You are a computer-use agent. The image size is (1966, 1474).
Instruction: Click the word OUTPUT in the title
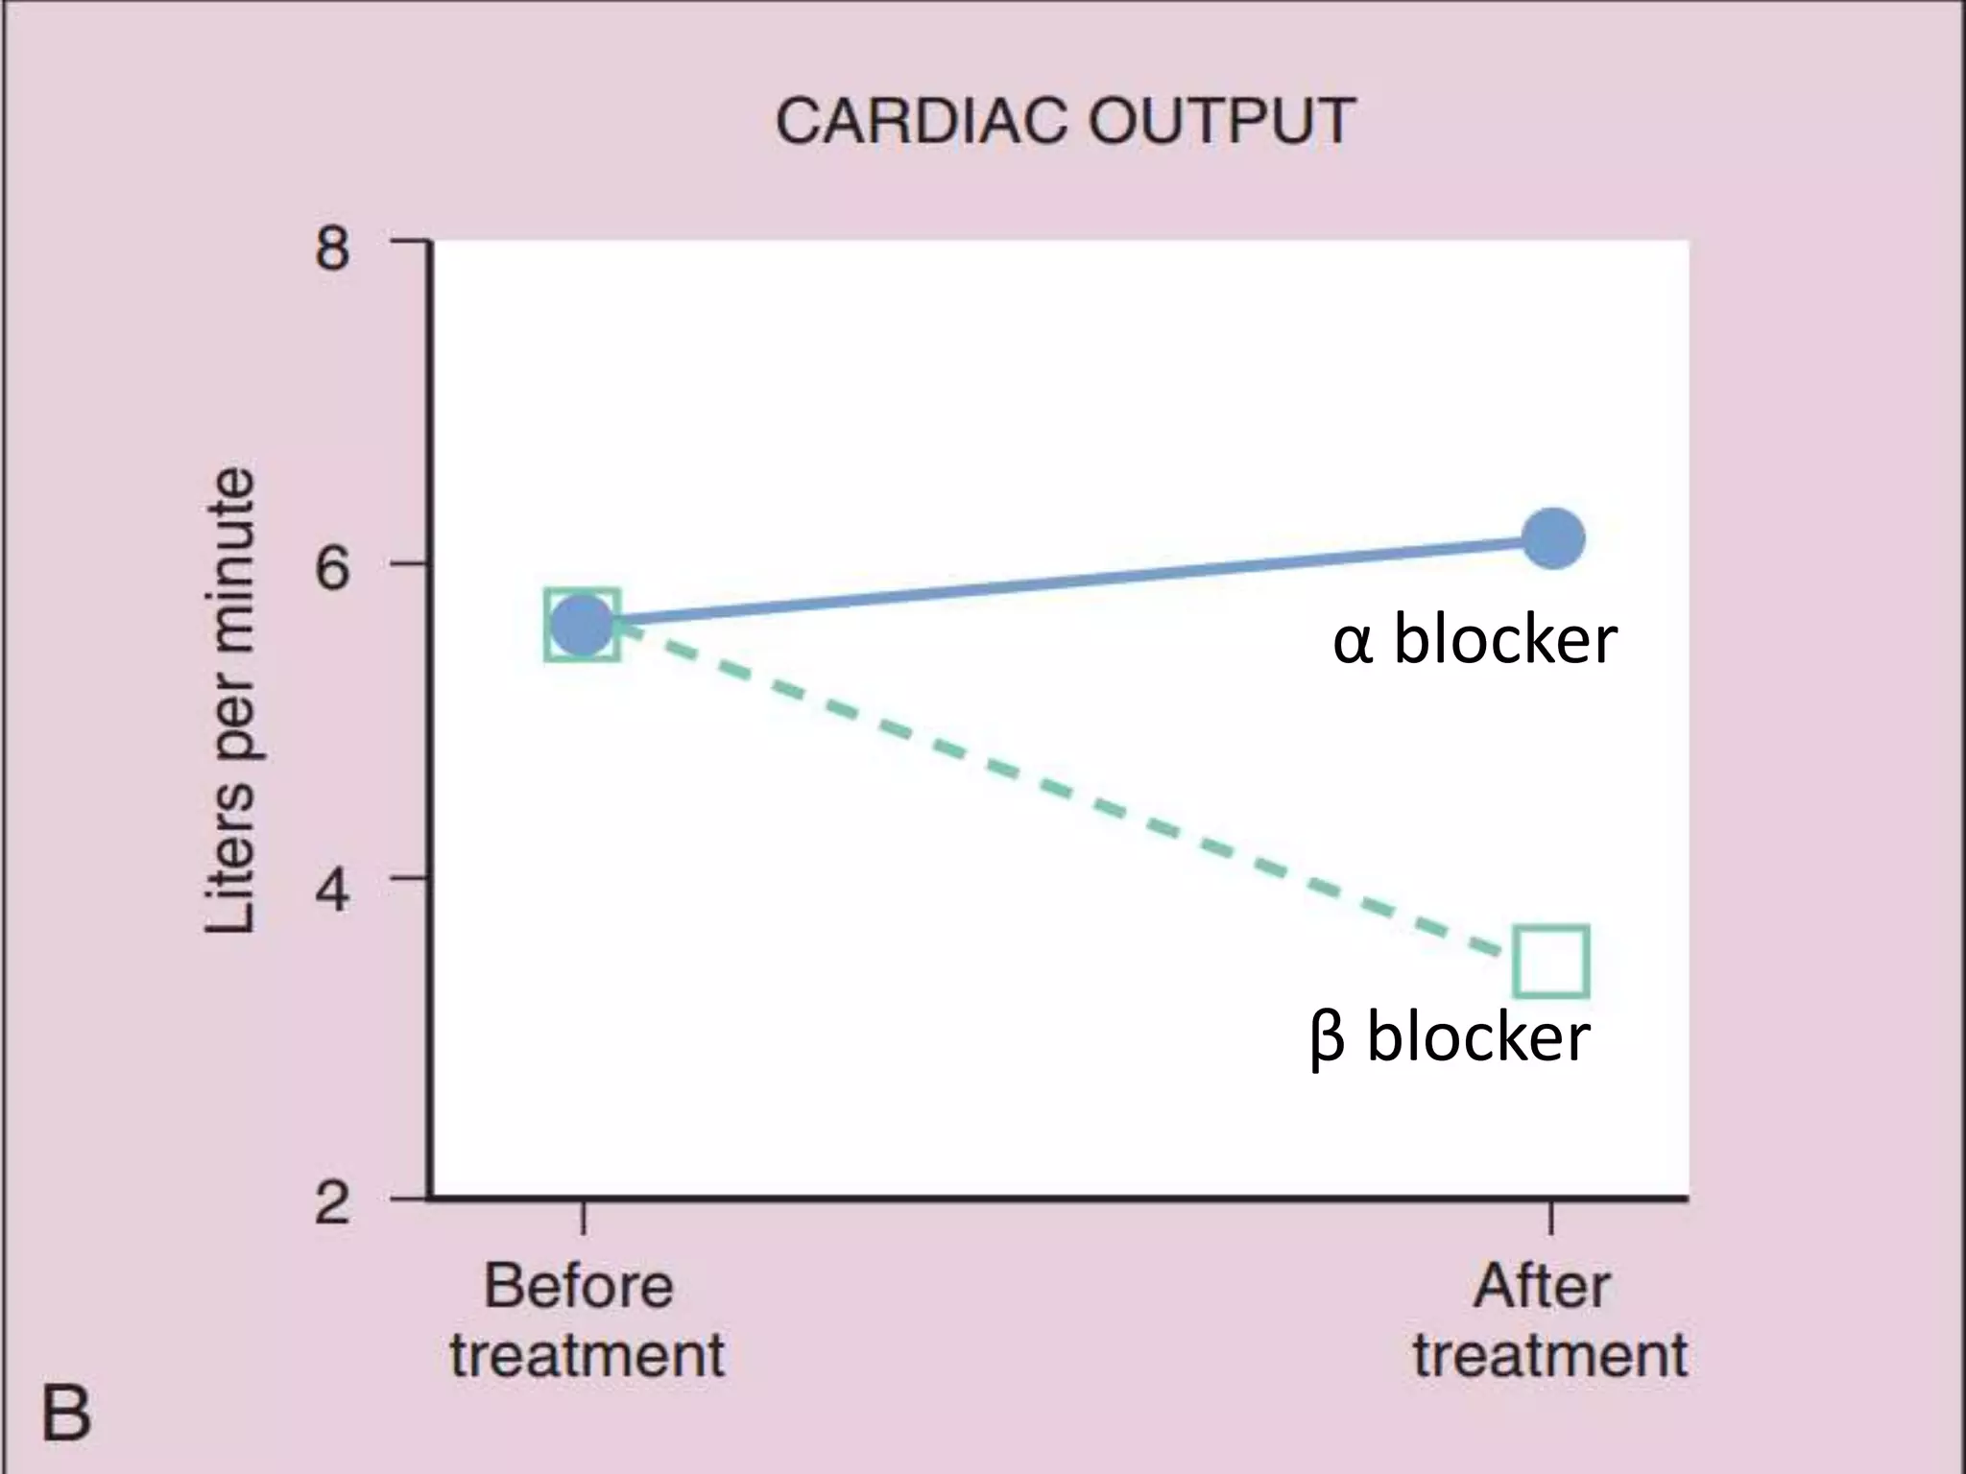[x=1221, y=122]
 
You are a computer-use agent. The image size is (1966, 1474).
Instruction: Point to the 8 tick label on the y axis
[x=332, y=250]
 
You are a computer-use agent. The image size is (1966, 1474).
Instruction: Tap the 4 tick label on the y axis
[x=332, y=890]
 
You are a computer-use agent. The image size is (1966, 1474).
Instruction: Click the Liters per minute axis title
[x=231, y=701]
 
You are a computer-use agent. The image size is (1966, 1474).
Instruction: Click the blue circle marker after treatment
[x=1553, y=538]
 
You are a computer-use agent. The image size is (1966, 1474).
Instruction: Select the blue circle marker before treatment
[x=581, y=625]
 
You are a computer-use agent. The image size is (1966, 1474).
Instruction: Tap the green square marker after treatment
[x=1551, y=962]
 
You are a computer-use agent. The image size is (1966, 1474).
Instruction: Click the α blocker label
[x=1474, y=640]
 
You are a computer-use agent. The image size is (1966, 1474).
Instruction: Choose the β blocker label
[x=1450, y=1037]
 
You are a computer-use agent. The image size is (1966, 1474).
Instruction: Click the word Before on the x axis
[x=579, y=1286]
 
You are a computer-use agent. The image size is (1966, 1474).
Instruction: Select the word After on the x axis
[x=1542, y=1286]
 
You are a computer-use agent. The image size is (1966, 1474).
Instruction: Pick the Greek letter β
[x=1327, y=1040]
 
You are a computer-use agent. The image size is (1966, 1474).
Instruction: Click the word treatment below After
[x=1549, y=1355]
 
